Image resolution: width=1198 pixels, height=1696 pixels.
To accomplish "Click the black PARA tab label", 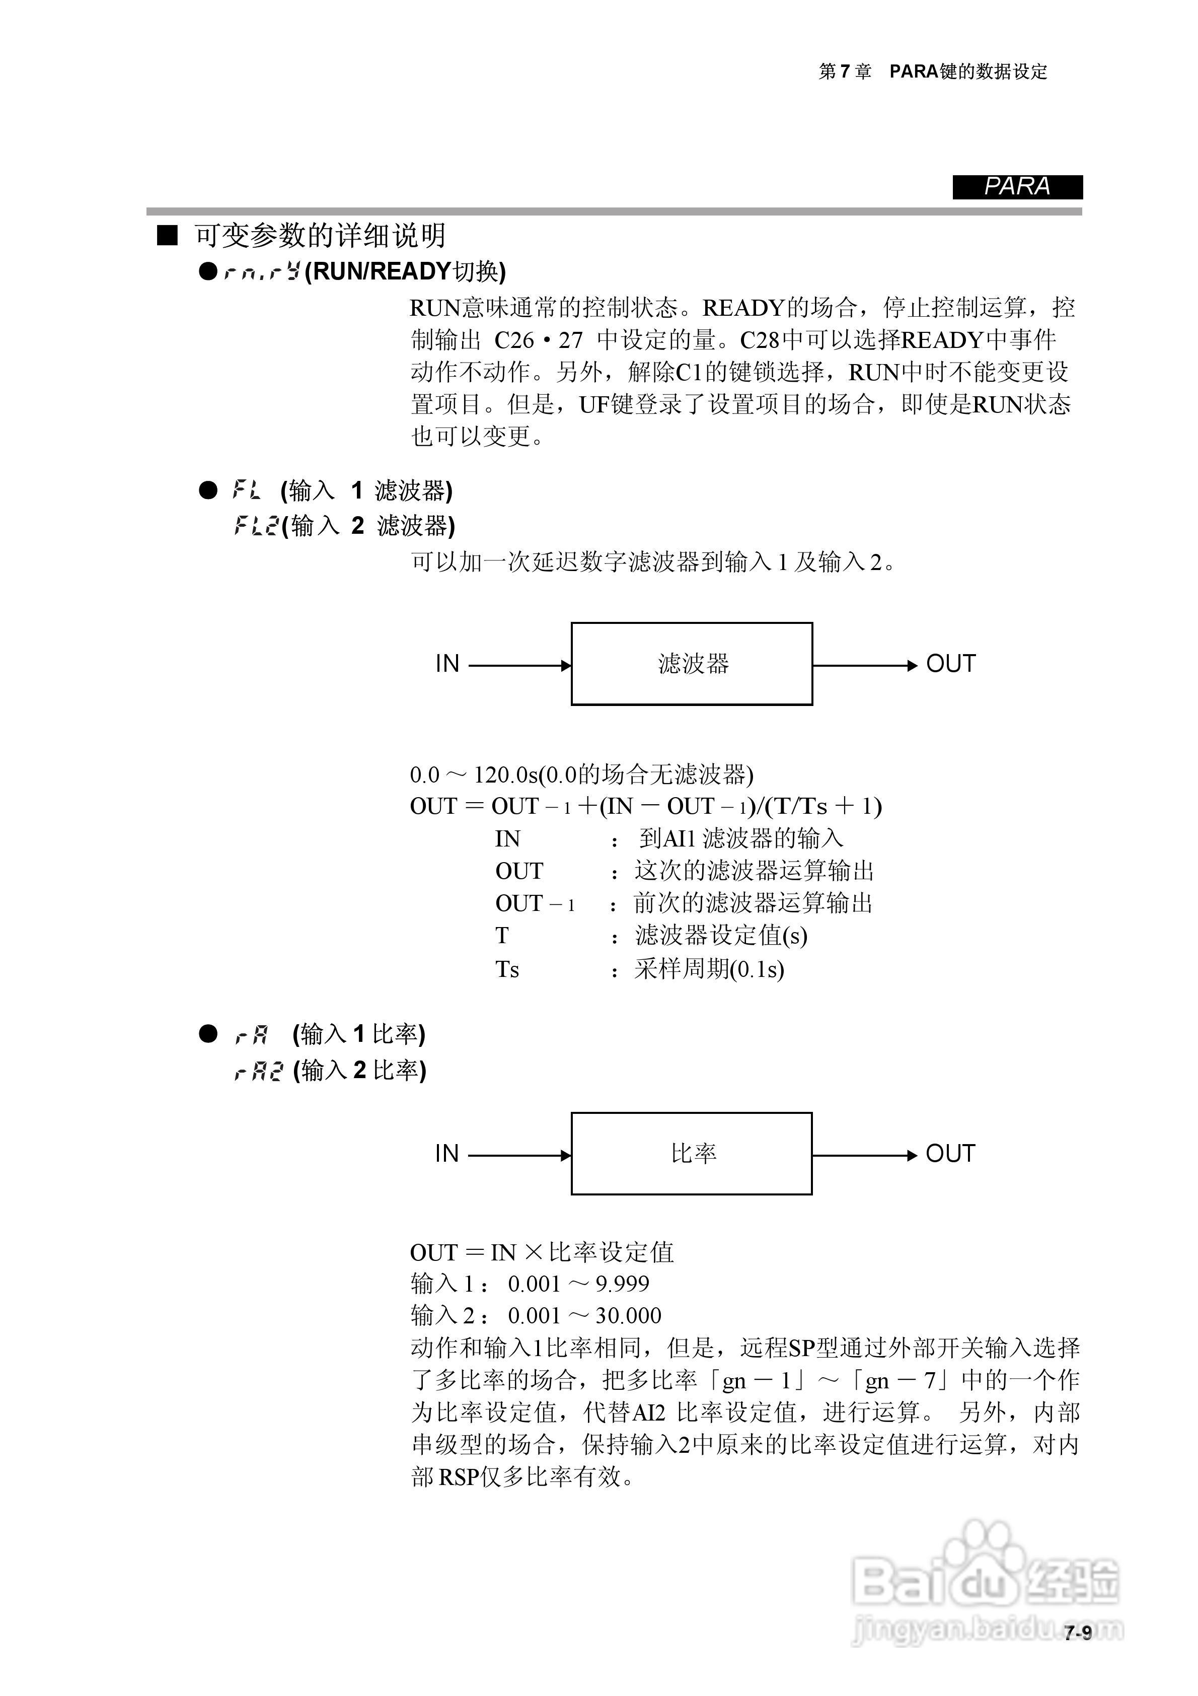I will pos(1017,187).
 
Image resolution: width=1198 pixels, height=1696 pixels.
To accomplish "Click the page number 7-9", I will pos(1078,1633).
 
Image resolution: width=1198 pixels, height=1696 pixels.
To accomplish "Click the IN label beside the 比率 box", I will pos(447,1154).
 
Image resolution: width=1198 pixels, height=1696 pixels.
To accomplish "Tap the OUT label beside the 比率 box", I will pos(950,1154).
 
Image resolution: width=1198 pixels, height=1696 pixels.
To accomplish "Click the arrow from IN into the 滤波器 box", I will pos(519,666).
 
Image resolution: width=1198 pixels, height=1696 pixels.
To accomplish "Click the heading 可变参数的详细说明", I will pos(320,236).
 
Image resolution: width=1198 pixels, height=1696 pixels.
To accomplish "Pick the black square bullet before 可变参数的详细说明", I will pos(168,236).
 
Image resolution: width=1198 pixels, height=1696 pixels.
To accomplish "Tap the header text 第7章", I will pos(845,72).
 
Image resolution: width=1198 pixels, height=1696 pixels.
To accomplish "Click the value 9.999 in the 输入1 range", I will pos(622,1284).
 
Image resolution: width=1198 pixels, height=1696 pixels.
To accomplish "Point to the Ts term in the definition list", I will pos(507,969).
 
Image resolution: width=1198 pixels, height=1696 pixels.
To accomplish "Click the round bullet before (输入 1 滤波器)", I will pos(208,490).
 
